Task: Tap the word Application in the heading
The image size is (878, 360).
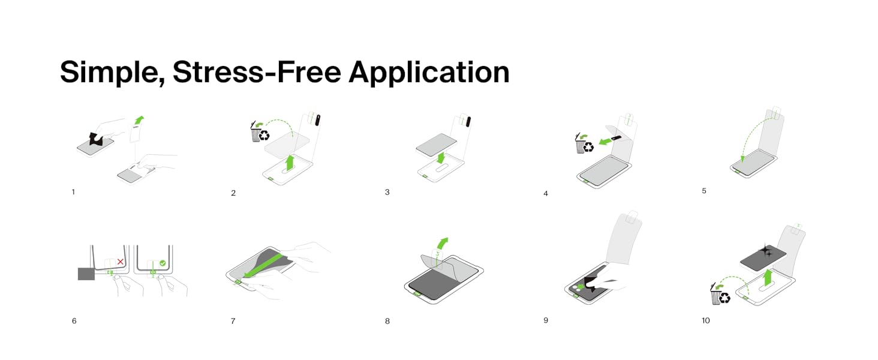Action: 429,73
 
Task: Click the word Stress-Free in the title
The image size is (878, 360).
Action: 257,72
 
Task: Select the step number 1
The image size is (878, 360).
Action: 73,192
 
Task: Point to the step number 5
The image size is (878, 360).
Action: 704,191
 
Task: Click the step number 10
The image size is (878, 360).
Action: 705,320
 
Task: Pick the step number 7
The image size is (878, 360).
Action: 233,321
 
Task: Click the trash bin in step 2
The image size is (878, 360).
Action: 255,133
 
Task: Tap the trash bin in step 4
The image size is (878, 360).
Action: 580,144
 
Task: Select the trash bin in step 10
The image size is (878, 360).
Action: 715,294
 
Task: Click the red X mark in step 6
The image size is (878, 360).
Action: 121,262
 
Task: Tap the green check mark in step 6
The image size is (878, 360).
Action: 163,263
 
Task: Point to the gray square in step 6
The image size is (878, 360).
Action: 86,274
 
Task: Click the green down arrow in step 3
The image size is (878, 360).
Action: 441,157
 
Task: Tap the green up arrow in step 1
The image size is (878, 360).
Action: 139,119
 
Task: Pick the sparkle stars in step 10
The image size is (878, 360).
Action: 766,251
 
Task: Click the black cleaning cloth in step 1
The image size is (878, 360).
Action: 97,139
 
